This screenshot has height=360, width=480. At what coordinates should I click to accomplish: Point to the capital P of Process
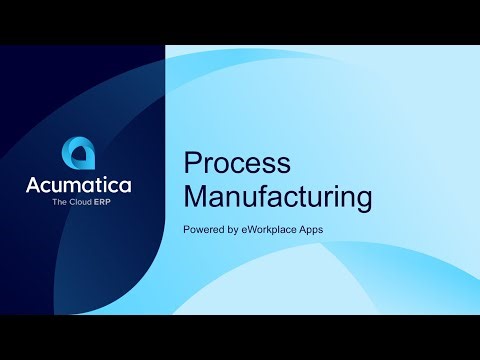coord(192,164)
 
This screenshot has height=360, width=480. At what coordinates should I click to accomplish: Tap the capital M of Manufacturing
coord(195,195)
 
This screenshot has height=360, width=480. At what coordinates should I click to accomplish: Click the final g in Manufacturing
coord(363,199)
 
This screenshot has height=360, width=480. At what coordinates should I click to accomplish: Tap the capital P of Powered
coord(187,230)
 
